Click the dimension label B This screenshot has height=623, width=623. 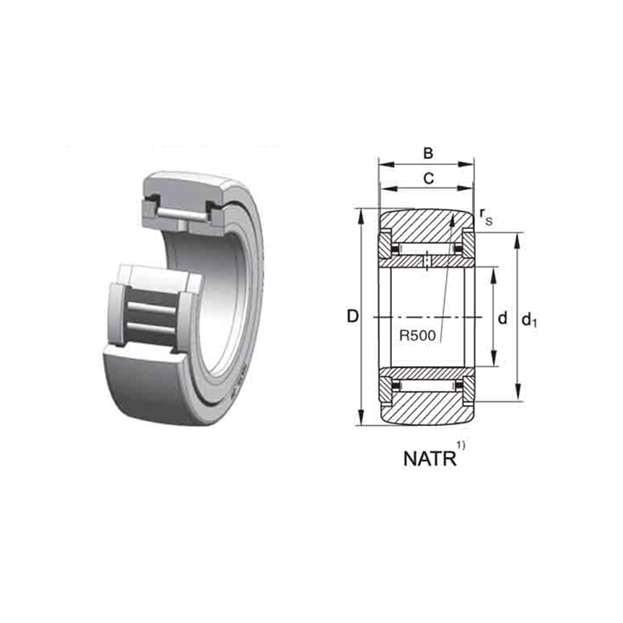428,153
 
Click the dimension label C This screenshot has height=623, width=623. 428,179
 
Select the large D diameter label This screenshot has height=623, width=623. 353,316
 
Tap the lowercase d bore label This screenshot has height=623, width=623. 502,318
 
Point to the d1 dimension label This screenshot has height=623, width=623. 530,319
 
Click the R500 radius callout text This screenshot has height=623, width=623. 417,336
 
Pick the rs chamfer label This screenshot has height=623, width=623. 486,216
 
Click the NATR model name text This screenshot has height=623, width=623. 430,459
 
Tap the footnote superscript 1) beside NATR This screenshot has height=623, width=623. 460,445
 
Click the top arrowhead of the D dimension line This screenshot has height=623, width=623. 361,216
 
